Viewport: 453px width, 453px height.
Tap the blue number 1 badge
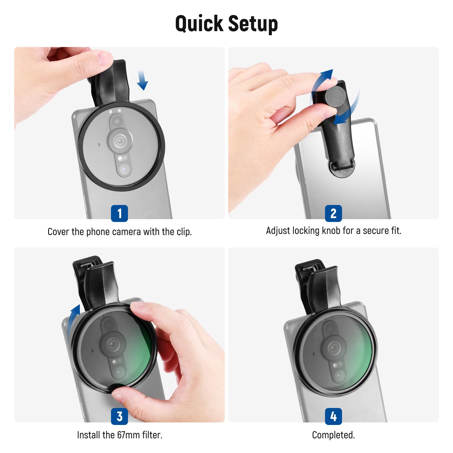pyautogui.click(x=119, y=213)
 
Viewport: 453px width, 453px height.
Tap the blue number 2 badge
pyautogui.click(x=333, y=213)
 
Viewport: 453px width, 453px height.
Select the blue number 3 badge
pyautogui.click(x=119, y=416)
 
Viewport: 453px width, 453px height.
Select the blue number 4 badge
pyautogui.click(x=333, y=416)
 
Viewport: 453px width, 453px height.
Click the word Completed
pyautogui.click(x=333, y=435)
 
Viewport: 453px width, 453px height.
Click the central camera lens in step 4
pyautogui.click(x=334, y=347)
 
